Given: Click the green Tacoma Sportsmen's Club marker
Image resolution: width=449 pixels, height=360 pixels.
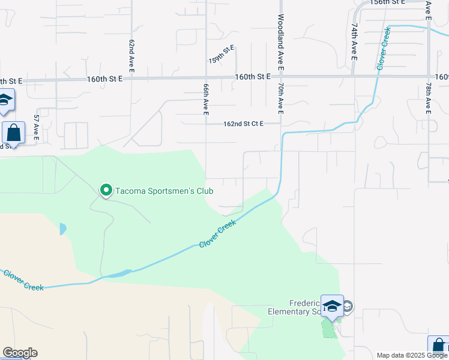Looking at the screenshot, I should pyautogui.click(x=106, y=190).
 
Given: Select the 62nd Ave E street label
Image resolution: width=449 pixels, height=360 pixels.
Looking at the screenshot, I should pyautogui.click(x=130, y=57).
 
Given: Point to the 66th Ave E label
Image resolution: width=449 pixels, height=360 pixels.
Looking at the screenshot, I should pyautogui.click(x=205, y=99).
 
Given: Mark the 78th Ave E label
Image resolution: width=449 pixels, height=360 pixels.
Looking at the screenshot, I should pyautogui.click(x=429, y=99).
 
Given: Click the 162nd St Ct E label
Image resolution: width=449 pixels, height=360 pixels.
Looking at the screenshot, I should pyautogui.click(x=243, y=124).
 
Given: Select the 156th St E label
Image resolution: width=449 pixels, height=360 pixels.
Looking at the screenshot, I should pyautogui.click(x=388, y=2).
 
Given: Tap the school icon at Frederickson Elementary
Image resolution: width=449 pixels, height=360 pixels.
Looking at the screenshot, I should pyautogui.click(x=332, y=306).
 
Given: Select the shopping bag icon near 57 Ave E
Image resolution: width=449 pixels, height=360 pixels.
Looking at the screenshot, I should pyautogui.click(x=13, y=133).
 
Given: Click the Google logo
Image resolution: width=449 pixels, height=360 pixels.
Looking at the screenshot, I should pyautogui.click(x=20, y=353).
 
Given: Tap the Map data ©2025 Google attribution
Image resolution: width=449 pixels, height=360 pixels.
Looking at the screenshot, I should pyautogui.click(x=411, y=355).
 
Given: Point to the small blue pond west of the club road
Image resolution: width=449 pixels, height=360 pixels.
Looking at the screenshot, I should pyautogui.click(x=63, y=229).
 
